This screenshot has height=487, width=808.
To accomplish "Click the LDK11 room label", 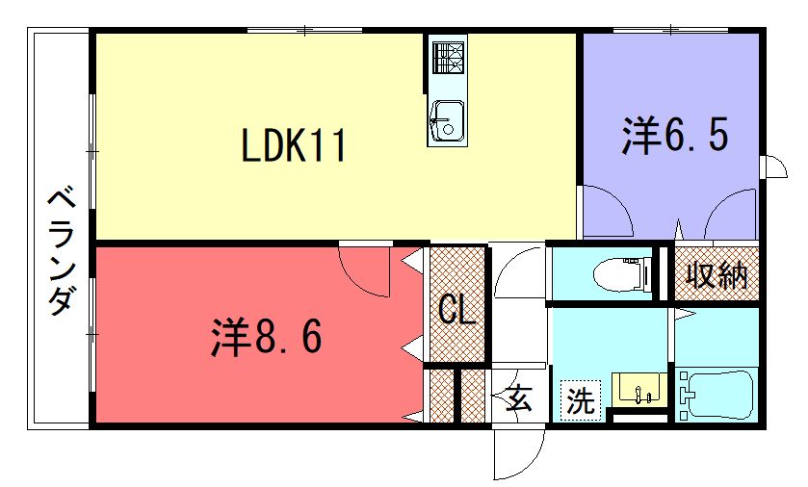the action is point(294,146).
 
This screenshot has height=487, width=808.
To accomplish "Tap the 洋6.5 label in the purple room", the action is point(675,136).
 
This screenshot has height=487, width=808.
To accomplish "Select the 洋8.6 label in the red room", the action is point(267,337).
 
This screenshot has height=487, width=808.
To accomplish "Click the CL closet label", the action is point(457,311).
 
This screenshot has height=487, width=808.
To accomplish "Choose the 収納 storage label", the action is point(717,274).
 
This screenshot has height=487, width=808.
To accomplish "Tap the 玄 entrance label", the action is point(518,397).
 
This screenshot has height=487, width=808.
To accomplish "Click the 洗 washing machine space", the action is point(581,400).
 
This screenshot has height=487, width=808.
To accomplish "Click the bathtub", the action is point(717,395).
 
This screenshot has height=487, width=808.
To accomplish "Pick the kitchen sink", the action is point(447,121).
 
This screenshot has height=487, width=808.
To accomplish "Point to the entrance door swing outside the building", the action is point(518,454).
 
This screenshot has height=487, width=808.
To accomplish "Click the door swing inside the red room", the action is point(364,271).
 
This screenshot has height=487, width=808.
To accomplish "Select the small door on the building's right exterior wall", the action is point(774,167).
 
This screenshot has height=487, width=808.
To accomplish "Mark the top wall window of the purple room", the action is point(670,30).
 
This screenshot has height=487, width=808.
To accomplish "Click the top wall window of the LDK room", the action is point(304,31).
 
